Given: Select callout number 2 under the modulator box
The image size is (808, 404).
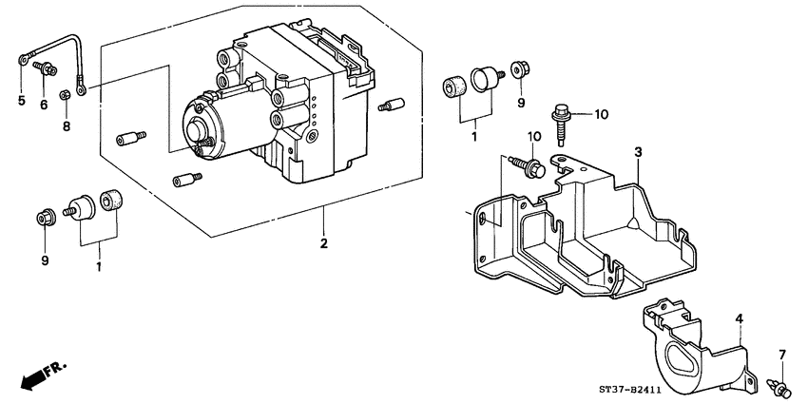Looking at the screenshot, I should [x=324, y=244].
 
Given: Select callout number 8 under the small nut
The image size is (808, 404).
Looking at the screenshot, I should [x=66, y=125].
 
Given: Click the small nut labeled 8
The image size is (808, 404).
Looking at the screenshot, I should [x=65, y=94].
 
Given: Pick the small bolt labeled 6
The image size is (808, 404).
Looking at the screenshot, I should [x=43, y=67].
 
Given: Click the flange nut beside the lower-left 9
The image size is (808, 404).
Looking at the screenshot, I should [x=45, y=218].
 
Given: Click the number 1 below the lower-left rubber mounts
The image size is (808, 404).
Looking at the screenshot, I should [x=97, y=268].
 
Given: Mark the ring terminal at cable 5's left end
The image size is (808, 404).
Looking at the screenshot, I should [x=21, y=60].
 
